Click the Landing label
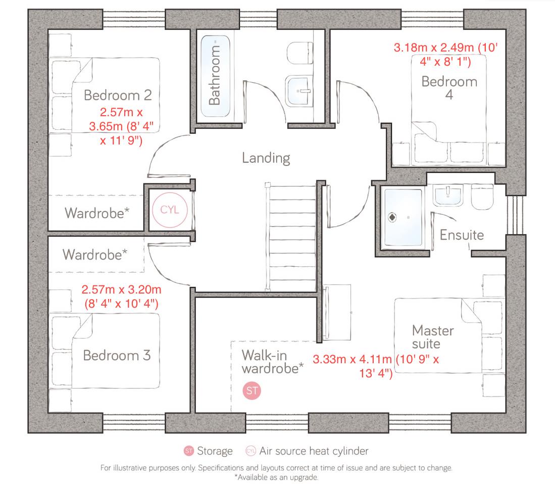[266, 158]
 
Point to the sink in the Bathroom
[299, 92]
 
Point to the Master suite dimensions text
[376, 366]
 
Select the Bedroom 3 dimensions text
[121, 297]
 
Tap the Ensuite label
[462, 234]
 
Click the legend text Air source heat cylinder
[314, 451]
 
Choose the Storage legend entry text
[215, 451]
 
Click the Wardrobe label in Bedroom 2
[96, 213]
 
